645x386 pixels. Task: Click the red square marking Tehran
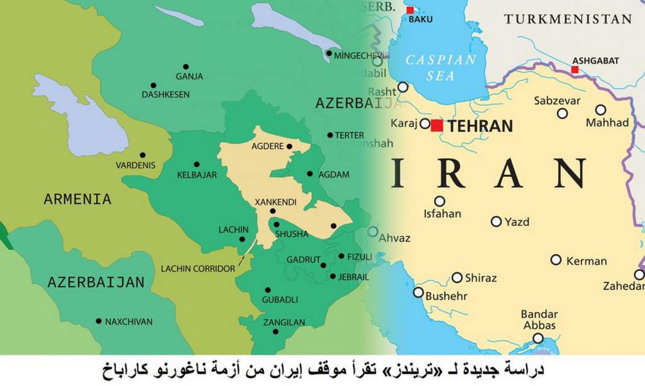tap(437, 125)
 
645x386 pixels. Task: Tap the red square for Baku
tap(410, 10)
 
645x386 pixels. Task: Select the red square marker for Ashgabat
tap(574, 69)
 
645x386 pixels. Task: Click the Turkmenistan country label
tap(568, 19)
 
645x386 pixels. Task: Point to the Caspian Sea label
tap(441, 68)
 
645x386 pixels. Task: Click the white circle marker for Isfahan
tap(439, 201)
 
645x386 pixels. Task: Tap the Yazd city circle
tap(496, 221)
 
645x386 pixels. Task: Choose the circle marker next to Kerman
tap(556, 260)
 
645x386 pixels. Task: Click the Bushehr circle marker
tap(418, 293)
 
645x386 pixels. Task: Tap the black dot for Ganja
tap(186, 66)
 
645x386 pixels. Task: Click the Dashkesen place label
tap(166, 95)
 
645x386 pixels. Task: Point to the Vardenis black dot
tap(142, 155)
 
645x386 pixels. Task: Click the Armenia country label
tap(77, 199)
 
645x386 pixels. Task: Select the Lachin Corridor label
tap(197, 268)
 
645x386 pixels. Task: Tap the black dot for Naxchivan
tap(98, 321)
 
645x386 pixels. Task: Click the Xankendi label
tap(276, 202)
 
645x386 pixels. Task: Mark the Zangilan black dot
tap(275, 332)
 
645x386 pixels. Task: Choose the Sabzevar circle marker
tap(562, 113)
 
